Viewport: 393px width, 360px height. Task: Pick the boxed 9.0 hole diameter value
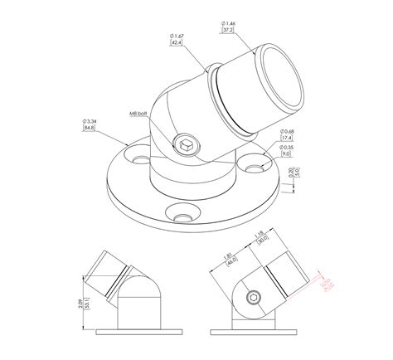tap(287, 153)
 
